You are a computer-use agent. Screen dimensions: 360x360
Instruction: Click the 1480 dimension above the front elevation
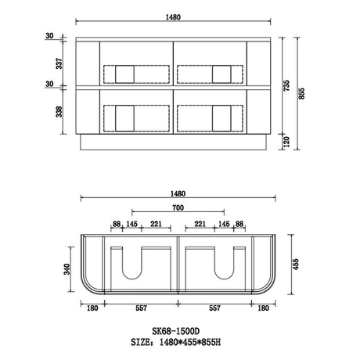tap(173, 17)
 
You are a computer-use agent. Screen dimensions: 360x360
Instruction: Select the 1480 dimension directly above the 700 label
tap(178, 194)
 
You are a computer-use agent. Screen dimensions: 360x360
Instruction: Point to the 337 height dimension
tap(59, 63)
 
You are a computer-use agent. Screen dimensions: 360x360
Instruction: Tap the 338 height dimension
tap(59, 112)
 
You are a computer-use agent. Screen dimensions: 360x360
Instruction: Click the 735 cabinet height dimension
tap(286, 85)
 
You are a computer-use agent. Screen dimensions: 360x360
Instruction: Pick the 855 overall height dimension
tap(301, 93)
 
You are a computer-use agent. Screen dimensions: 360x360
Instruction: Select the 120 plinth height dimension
tap(286, 142)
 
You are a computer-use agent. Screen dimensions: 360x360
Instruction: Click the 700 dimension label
tap(178, 208)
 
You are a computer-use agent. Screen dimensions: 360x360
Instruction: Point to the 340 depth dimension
tap(67, 269)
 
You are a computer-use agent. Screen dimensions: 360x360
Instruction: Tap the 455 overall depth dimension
tap(295, 265)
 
